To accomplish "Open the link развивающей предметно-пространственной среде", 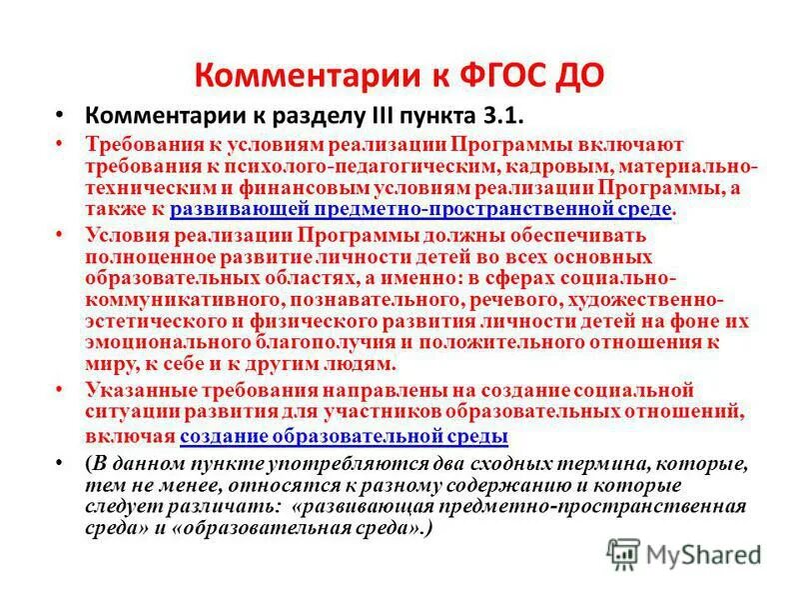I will coord(408,208).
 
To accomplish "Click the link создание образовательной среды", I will coord(345,435).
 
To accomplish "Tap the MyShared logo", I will coord(685,553).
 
